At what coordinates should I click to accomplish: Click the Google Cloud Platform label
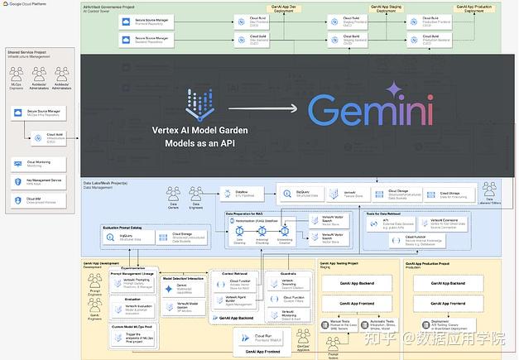click(25, 4)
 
